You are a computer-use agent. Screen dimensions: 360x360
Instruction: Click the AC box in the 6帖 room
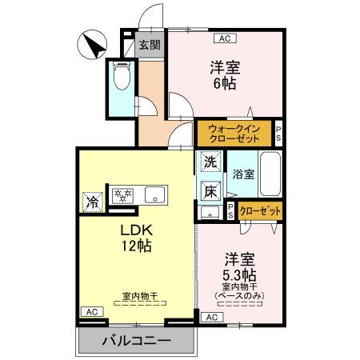tap(224, 38)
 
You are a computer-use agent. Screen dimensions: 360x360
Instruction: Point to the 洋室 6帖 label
tap(226, 75)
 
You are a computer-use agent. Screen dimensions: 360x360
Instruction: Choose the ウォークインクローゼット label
tap(234, 132)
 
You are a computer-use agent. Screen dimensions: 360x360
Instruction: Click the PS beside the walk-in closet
tap(278, 133)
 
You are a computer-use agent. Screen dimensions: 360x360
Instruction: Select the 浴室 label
tap(244, 174)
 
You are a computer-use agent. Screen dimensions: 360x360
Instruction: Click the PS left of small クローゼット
tap(230, 211)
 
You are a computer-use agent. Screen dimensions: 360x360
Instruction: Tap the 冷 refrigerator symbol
tap(94, 201)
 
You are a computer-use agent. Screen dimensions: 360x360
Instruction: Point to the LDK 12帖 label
tap(136, 238)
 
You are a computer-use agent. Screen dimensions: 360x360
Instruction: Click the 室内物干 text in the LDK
tap(139, 297)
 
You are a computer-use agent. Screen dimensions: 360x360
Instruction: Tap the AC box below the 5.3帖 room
tap(211, 317)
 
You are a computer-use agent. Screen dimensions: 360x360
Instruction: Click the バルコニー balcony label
tap(137, 342)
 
